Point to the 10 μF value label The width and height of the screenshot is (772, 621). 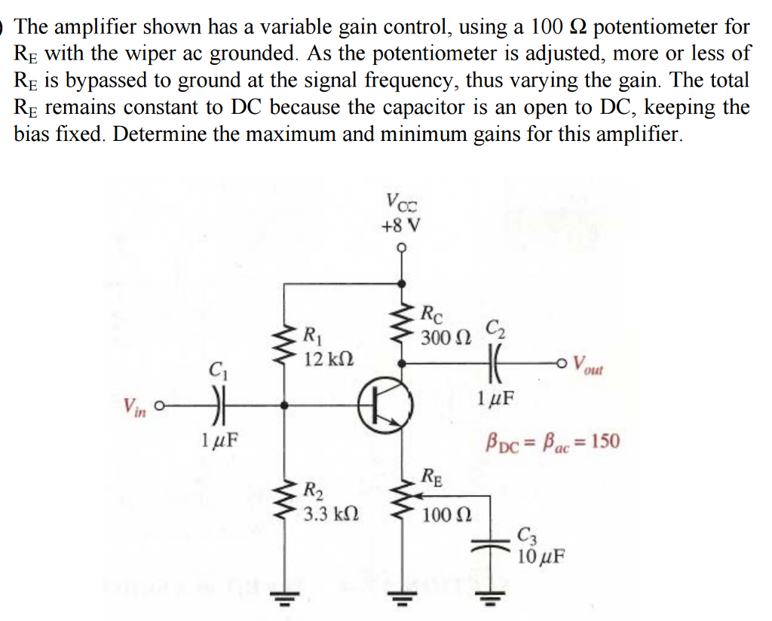(541, 558)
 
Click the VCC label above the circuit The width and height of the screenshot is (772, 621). (400, 201)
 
